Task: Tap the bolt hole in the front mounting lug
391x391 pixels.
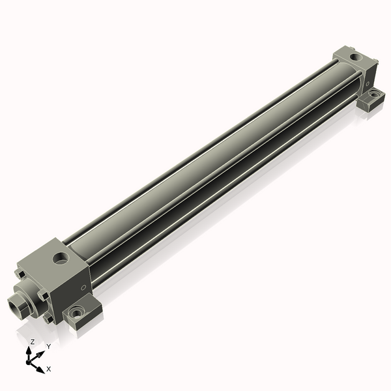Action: [78, 312]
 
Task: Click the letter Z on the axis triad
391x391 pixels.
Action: [33, 342]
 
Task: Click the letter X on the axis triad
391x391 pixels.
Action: [49, 369]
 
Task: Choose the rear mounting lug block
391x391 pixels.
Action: [371, 99]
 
